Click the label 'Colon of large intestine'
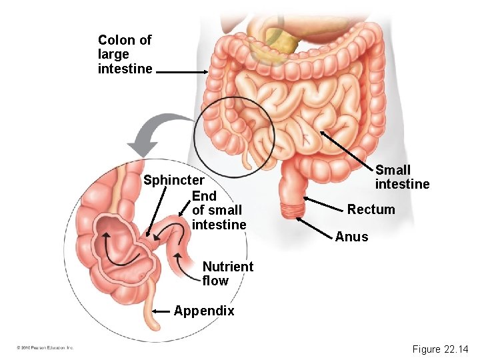pyautogui.click(x=125, y=54)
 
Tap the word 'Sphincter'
pyautogui.click(x=174, y=180)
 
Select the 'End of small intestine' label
pyautogui.click(x=219, y=211)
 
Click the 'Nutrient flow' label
pyautogui.click(x=227, y=273)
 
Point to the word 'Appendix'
pyautogui.click(x=204, y=311)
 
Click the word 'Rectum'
pyautogui.click(x=371, y=210)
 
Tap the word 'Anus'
pyautogui.click(x=351, y=237)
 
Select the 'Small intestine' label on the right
pyautogui.click(x=402, y=177)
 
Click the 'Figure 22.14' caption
pyautogui.click(x=440, y=349)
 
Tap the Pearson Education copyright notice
pyautogui.click(x=45, y=348)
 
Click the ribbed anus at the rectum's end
pyautogui.click(x=291, y=211)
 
